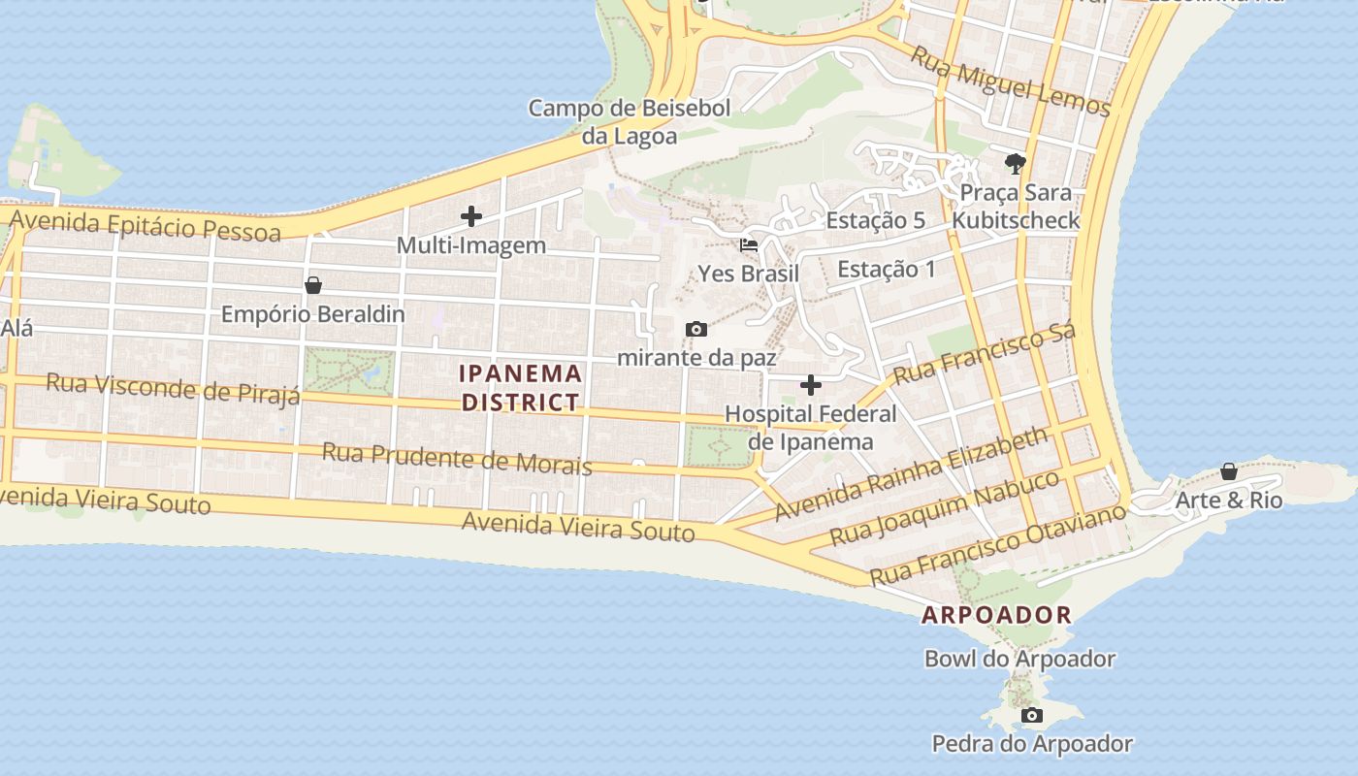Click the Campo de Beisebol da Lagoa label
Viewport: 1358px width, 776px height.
coord(629,122)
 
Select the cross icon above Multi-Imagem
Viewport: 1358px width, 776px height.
coord(471,216)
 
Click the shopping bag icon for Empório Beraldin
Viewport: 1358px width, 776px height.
coord(313,285)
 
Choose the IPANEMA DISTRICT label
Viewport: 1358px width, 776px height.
coord(521,387)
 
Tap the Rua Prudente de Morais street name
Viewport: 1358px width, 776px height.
coord(456,458)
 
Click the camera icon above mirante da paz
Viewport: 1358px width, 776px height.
coord(695,330)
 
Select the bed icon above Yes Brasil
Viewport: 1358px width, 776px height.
coord(749,245)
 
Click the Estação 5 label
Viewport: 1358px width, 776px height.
coord(875,221)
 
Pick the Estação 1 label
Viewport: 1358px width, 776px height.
coord(887,270)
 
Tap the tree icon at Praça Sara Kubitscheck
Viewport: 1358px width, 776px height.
coord(1016,163)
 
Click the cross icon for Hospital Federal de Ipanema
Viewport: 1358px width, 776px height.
coord(810,386)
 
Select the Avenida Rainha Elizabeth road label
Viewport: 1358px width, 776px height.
coord(912,473)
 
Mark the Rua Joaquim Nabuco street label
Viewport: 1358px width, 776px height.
coord(944,509)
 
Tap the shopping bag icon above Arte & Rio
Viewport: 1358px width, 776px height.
coord(1228,471)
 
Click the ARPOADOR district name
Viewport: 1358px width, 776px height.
coord(996,615)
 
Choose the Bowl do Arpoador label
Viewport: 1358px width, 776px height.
coord(1019,660)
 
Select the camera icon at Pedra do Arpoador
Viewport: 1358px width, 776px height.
coord(1032,716)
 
